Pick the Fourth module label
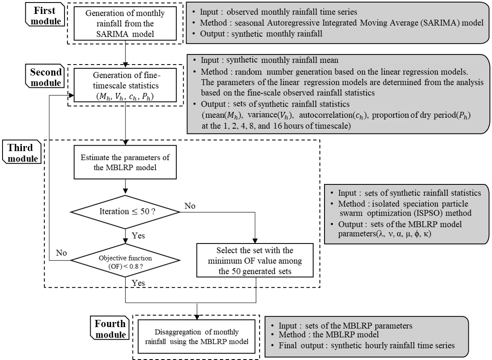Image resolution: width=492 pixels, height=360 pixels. click(x=110, y=329)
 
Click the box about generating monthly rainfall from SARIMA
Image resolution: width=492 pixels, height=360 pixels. click(x=125, y=22)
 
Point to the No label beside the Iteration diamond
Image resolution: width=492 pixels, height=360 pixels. click(x=190, y=206)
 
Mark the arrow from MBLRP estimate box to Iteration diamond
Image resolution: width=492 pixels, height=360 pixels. click(x=125, y=187)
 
